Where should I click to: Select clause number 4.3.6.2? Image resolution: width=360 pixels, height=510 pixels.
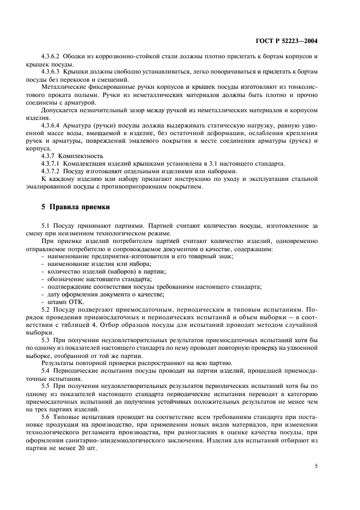[52, 57]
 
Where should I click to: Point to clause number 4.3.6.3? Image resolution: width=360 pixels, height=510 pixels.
[52, 71]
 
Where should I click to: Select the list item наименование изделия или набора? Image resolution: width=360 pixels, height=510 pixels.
[91, 263]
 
